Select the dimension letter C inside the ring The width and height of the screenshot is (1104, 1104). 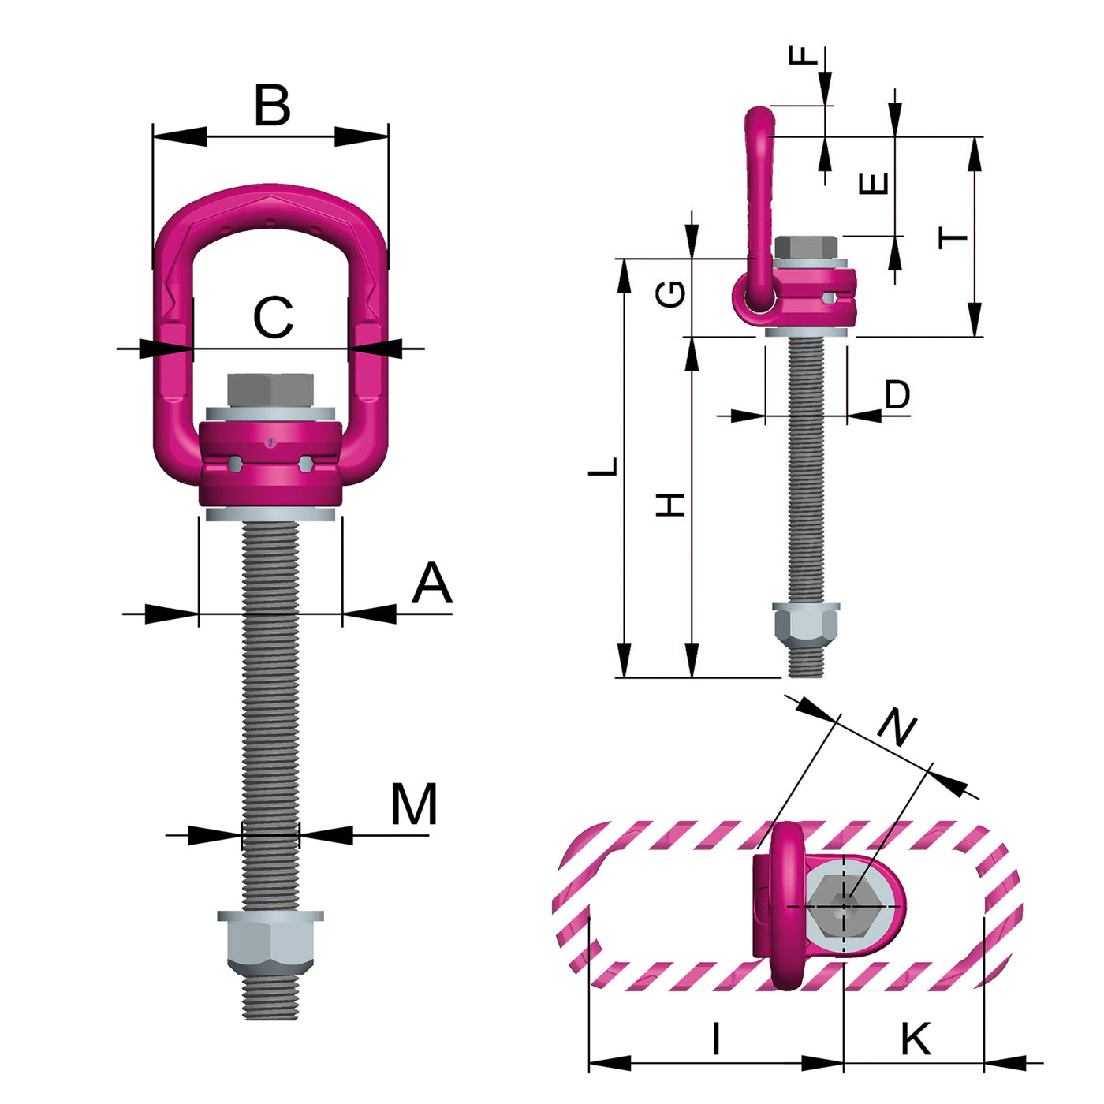coord(273,318)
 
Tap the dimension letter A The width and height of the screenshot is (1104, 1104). coord(432,584)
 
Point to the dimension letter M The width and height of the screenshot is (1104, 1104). coord(414,805)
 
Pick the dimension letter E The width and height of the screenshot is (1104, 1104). coord(874,184)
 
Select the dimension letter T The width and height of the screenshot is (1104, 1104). coord(953,237)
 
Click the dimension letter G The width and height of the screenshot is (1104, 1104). coord(672,295)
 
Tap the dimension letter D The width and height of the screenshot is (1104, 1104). coord(897,394)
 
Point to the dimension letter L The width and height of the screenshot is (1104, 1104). coord(605,466)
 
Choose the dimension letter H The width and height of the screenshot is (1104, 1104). coord(672,505)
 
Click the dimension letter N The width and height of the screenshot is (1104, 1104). coord(897,727)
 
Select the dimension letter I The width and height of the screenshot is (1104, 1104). coord(715,1039)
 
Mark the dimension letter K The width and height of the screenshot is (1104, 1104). coord(916,1039)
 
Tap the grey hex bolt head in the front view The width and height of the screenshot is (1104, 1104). coord(270,390)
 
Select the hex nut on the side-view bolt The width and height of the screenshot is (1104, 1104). coord(805,624)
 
